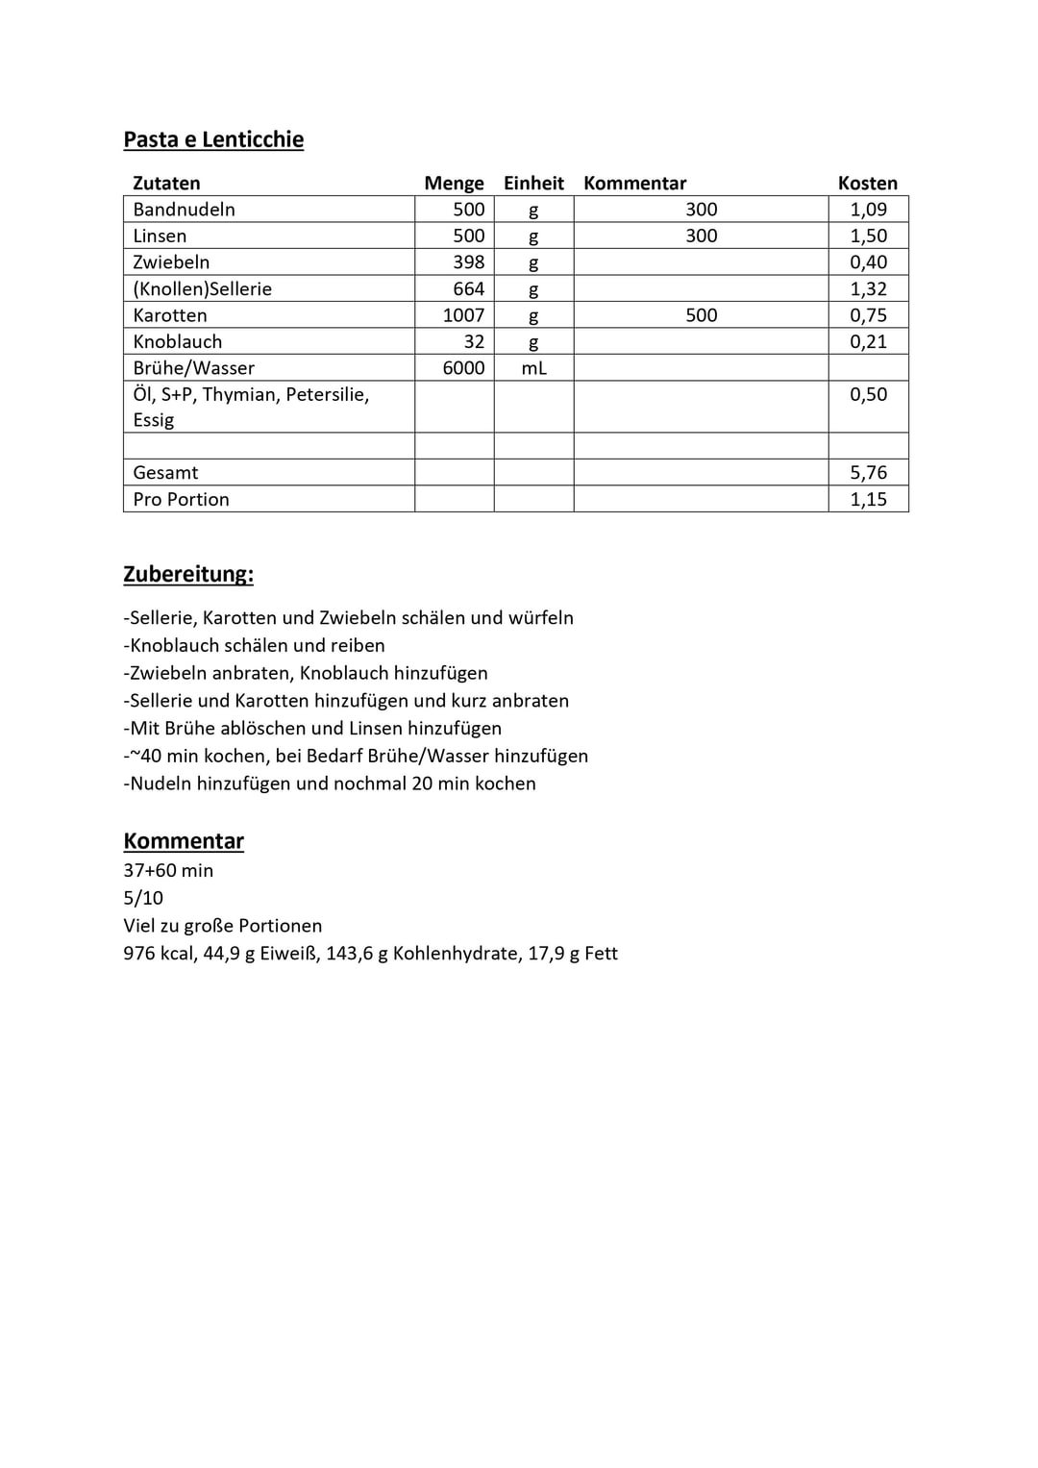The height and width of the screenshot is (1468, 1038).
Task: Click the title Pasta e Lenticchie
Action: [213, 139]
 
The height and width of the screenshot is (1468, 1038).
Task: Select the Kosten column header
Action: [867, 183]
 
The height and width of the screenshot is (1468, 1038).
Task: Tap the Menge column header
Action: [454, 183]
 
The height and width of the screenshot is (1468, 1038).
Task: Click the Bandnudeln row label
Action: [184, 210]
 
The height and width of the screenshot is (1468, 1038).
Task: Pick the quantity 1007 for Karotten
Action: [463, 315]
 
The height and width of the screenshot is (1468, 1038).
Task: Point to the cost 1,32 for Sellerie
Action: [868, 288]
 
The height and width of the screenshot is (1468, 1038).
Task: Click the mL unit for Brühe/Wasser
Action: [533, 368]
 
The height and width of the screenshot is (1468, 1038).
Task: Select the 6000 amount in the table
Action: [463, 368]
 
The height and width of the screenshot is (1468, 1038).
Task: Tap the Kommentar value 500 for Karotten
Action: [701, 315]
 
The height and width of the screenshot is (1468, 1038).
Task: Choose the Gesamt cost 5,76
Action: [868, 473]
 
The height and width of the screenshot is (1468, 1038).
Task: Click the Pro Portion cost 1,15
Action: [868, 499]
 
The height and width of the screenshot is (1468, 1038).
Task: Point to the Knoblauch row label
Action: [177, 341]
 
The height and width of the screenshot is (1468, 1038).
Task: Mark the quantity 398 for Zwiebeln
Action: [468, 262]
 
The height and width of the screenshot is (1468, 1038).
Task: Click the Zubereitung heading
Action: [188, 574]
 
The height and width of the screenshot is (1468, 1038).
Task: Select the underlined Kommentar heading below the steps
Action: [184, 841]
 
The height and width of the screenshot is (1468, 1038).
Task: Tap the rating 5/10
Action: [143, 898]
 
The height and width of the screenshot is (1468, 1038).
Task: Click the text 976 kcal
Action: [158, 954]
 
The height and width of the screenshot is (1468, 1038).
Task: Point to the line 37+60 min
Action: [168, 870]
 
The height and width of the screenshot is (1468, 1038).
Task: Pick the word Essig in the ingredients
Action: [154, 420]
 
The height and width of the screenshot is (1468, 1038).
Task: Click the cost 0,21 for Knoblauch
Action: [868, 341]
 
